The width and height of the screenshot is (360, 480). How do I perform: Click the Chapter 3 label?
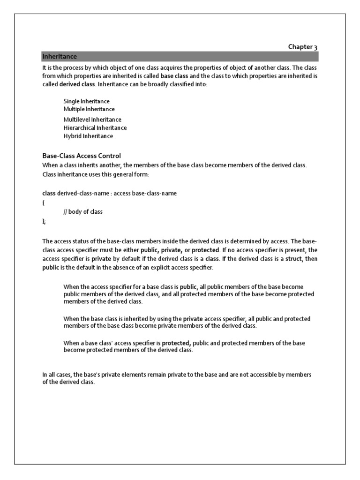[x=302, y=47]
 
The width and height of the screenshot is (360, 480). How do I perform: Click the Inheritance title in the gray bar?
[x=60, y=56]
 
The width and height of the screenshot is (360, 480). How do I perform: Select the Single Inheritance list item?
[x=87, y=101]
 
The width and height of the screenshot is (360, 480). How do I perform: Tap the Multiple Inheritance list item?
[x=89, y=109]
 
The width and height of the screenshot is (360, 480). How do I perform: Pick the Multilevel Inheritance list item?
[x=92, y=120]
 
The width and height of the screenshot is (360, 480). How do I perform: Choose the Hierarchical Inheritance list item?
[x=95, y=127]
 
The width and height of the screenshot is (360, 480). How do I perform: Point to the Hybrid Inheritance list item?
[x=88, y=136]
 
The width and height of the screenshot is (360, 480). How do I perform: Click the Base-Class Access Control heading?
[x=82, y=156]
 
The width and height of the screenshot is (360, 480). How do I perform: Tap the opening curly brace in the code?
[x=43, y=202]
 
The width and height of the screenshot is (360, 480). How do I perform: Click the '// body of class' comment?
[x=83, y=211]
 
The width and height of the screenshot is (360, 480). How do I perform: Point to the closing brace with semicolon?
[x=44, y=221]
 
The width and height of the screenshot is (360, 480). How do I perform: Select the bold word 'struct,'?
[x=294, y=259]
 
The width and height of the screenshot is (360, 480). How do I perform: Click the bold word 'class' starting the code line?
[x=49, y=193]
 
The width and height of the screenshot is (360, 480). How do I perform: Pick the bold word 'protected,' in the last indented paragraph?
[x=176, y=343]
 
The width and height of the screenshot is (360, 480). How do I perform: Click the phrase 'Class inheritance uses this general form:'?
[x=96, y=174]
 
